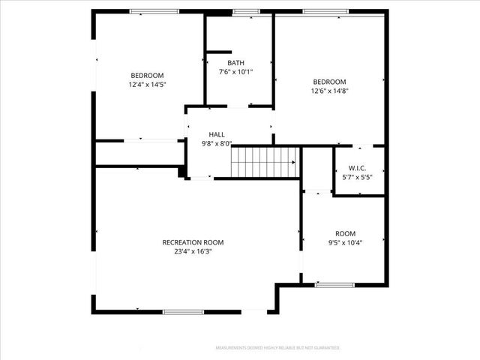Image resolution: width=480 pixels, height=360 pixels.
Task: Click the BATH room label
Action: pyautogui.click(x=235, y=63)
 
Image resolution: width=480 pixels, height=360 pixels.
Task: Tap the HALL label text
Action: pyautogui.click(x=217, y=134)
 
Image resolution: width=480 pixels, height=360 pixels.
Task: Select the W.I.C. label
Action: pyautogui.click(x=356, y=167)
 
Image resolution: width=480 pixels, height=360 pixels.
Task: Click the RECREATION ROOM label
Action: pyautogui.click(x=193, y=242)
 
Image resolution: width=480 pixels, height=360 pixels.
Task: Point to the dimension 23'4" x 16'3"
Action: pyautogui.click(x=193, y=252)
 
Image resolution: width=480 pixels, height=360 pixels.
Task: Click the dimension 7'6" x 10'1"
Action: pyautogui.click(x=235, y=73)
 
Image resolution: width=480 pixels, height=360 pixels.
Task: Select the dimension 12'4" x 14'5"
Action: pyautogui.click(x=147, y=85)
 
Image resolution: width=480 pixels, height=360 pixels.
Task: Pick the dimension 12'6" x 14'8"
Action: pyautogui.click(x=330, y=91)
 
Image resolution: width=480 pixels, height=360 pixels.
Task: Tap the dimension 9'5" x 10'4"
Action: pyautogui.click(x=346, y=243)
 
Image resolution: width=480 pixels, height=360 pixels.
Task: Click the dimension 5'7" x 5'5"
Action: pyautogui.click(x=356, y=176)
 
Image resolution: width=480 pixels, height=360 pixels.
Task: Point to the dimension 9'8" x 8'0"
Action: pyautogui.click(x=217, y=143)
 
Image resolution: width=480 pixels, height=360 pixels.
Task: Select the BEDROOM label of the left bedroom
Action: pyautogui.click(x=147, y=75)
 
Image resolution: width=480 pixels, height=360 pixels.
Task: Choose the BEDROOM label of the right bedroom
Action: pyautogui.click(x=330, y=82)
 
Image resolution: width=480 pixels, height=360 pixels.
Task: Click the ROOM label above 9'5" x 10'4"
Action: pyautogui.click(x=346, y=233)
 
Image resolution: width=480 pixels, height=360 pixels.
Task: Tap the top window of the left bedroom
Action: pyautogui.click(x=154, y=11)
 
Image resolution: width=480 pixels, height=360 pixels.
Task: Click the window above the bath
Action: pyautogui.click(x=246, y=11)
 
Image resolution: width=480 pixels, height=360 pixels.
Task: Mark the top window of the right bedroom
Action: pyautogui.click(x=325, y=11)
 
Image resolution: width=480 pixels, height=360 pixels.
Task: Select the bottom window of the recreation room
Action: pyautogui.click(x=184, y=312)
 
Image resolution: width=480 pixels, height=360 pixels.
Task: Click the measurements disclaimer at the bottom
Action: pyautogui.click(x=277, y=348)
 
